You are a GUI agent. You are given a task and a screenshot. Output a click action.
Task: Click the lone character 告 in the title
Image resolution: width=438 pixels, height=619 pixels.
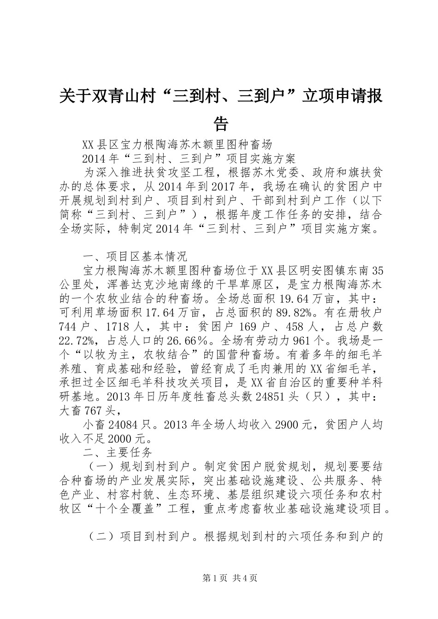[221, 123]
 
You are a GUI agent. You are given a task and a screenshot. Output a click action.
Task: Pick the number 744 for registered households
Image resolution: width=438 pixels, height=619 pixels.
[71, 326]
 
